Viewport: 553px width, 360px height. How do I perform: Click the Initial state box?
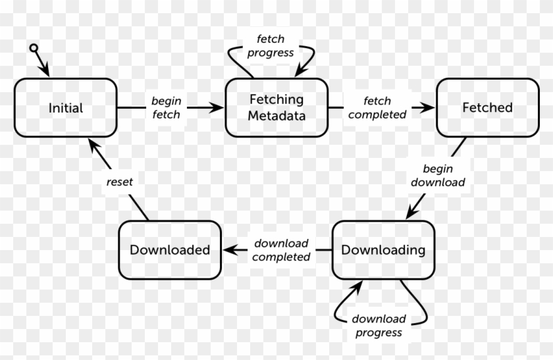coord(65,107)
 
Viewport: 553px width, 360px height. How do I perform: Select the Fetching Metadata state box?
coord(276,107)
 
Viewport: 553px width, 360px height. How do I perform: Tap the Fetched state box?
coord(487,107)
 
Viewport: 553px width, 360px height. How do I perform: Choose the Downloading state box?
coord(382,249)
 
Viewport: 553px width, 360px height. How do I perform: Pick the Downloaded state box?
coord(170,249)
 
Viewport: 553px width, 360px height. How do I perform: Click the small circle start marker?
coord(34,47)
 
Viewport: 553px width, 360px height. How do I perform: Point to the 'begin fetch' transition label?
coord(166,108)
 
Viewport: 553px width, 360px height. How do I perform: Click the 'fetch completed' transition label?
coord(377,108)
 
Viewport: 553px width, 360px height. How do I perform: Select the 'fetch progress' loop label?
coord(271,47)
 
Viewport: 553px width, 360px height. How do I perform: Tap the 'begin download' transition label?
coord(438,176)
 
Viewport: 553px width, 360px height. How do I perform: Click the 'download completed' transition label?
coord(281,249)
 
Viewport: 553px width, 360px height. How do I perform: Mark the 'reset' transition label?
coord(120,182)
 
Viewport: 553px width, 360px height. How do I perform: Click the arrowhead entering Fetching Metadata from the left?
coord(218,107)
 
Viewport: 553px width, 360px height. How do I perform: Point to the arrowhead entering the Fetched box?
coord(430,107)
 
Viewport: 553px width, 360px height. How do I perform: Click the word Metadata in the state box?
coord(276,116)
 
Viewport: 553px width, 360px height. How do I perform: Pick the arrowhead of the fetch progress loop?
coord(302,70)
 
